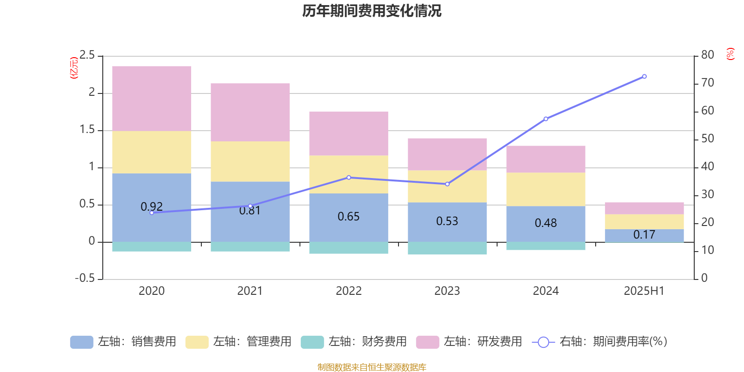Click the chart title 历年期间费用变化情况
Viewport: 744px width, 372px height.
click(x=372, y=11)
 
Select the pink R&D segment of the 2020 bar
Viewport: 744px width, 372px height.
click(x=152, y=99)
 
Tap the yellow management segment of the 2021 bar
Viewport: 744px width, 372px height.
click(x=250, y=161)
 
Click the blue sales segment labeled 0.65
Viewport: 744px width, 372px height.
click(x=348, y=217)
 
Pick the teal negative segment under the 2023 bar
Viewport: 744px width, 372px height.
click(x=447, y=248)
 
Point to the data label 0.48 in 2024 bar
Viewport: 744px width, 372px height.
click(x=545, y=223)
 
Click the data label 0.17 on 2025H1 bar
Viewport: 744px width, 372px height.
click(x=644, y=235)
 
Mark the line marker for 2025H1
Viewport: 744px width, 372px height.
click(x=644, y=76)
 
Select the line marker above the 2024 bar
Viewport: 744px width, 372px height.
click(x=545, y=119)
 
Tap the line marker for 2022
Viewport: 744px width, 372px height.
click(x=349, y=177)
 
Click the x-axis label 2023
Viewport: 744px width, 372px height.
click(x=447, y=291)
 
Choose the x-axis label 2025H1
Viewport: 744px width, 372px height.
click(x=644, y=291)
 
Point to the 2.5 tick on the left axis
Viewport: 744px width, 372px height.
click(x=87, y=55)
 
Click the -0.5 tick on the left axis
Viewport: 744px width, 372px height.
click(x=85, y=278)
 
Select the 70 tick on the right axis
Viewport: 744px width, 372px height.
click(x=707, y=83)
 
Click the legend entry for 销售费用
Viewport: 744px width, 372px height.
click(x=123, y=342)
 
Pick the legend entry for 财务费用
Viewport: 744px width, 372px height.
click(x=353, y=342)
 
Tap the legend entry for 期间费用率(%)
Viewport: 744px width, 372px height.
click(x=600, y=342)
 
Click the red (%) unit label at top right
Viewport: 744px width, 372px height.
click(x=730, y=54)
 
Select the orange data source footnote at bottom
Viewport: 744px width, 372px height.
click(x=372, y=367)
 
